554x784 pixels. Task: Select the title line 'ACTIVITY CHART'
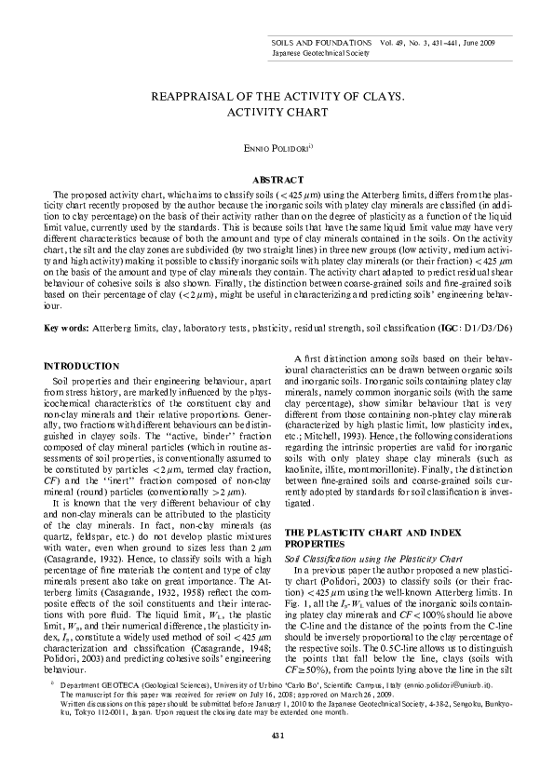tap(277, 113)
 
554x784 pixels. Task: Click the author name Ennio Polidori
tap(276, 148)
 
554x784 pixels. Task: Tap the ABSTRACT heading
tap(277, 178)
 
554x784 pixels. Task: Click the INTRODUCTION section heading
tap(83, 365)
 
